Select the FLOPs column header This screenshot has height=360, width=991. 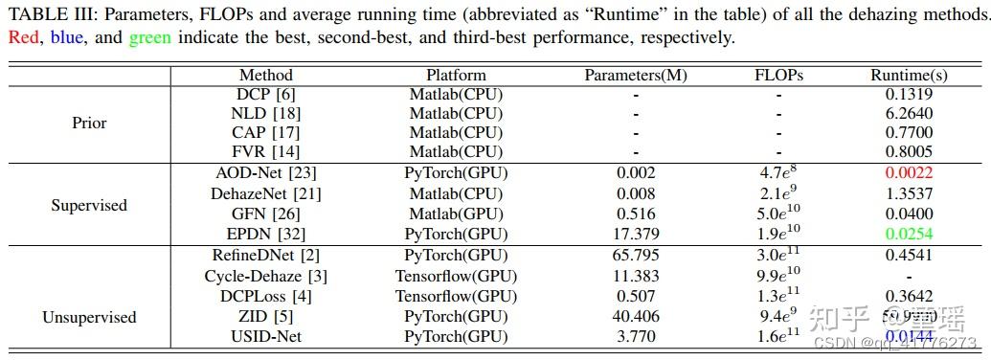778,75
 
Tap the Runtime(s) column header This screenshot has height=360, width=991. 909,75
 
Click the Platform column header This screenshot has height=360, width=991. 456,75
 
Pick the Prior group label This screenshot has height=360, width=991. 90,123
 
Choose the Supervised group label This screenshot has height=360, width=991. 90,205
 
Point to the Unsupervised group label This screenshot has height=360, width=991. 90,317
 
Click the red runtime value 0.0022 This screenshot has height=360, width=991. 909,173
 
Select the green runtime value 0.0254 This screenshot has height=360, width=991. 909,235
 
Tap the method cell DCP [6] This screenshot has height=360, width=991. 265,94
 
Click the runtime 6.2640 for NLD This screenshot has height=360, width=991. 909,113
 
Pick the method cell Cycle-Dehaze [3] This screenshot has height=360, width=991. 265,276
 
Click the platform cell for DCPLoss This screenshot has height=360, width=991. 456,296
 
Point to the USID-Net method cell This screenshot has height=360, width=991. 265,336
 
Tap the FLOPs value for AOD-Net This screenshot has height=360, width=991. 778,172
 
